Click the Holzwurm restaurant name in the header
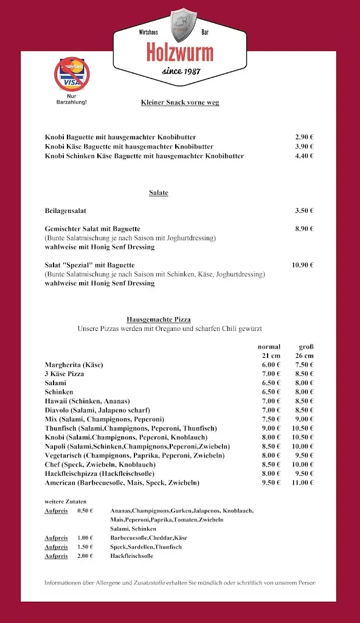180,53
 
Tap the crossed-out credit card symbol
72,75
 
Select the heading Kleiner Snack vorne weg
180,102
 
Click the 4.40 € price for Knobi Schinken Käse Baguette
304,156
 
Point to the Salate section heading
159,193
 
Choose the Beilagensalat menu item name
66,211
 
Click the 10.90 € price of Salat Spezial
303,265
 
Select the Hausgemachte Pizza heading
159,319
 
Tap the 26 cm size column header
305,355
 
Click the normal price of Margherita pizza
271,364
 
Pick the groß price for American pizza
303,482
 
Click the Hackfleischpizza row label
100,473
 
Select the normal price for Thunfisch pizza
271,428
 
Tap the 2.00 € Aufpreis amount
85,556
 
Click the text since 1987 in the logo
180,72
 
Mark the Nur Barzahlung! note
72,99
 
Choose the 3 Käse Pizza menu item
64,374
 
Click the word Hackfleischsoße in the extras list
132,556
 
